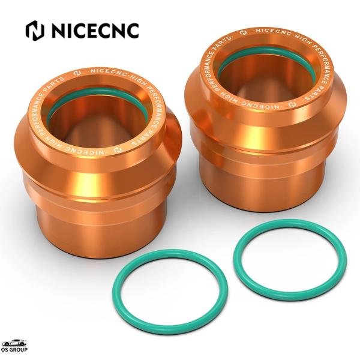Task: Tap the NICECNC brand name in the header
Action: tap(93, 30)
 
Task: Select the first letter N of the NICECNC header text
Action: tap(57, 30)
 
